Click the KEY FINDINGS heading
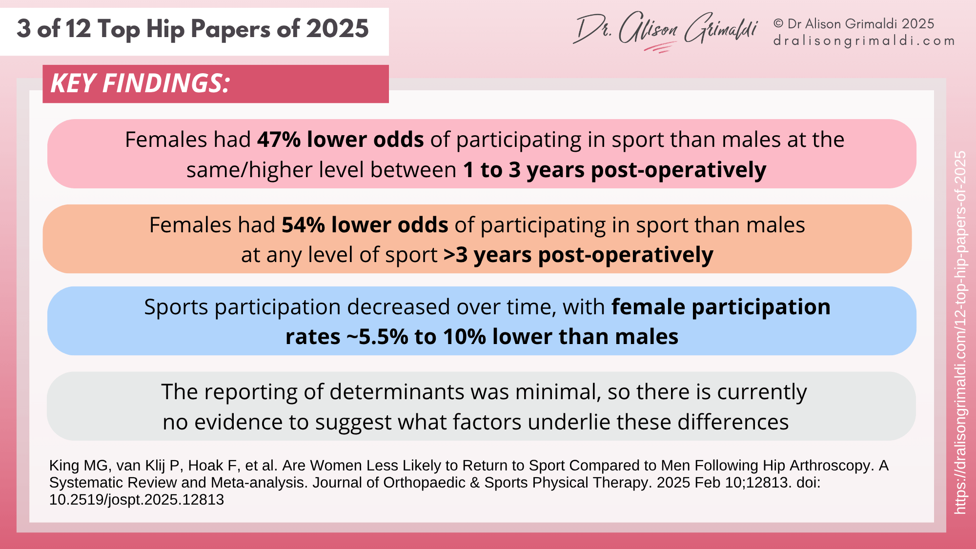[140, 83]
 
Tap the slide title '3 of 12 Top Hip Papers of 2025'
[193, 29]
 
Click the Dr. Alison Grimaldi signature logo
[666, 30]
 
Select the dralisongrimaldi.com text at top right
[864, 41]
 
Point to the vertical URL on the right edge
[960, 332]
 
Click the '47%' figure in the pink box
[279, 140]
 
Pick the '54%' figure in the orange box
[303, 225]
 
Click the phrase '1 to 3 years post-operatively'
[614, 170]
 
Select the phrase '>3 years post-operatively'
[578, 255]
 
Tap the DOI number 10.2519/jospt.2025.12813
[137, 500]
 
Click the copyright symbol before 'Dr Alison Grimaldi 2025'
[778, 24]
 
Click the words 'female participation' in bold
[721, 307]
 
